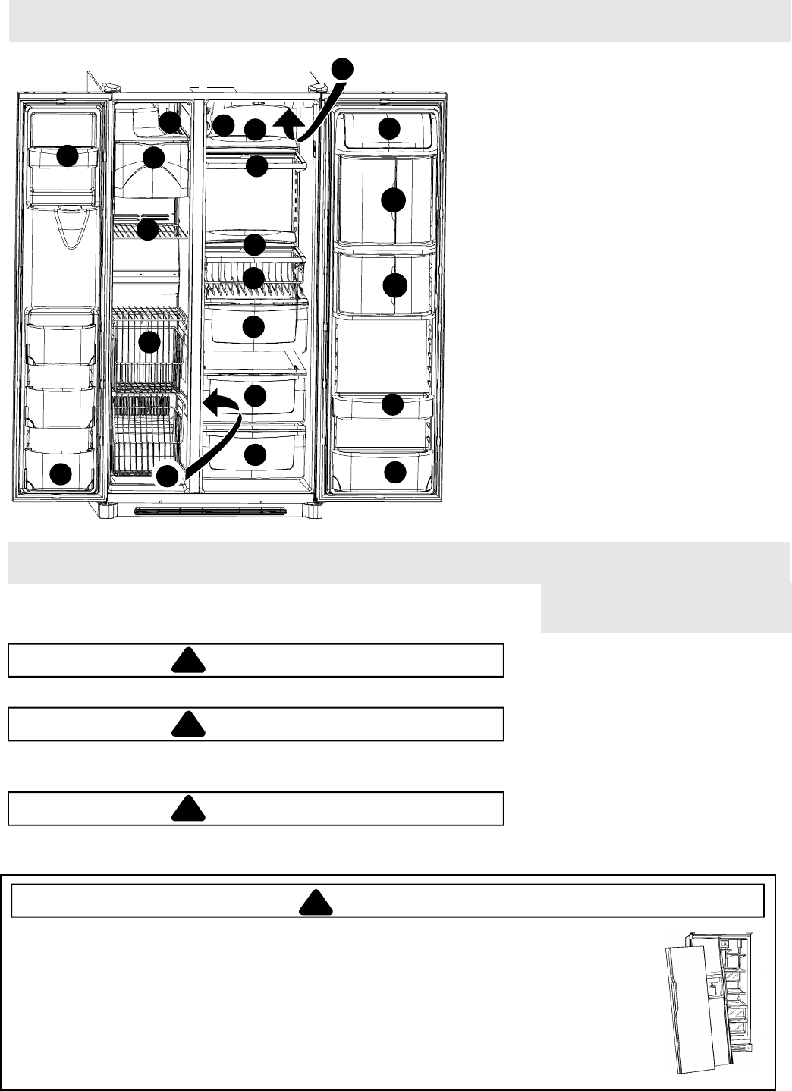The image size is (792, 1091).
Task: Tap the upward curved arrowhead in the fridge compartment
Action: click(291, 120)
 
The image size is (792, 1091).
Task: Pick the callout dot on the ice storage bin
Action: click(154, 158)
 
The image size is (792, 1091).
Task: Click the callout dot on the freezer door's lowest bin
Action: click(61, 475)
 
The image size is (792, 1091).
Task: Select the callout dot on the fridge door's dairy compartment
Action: click(390, 128)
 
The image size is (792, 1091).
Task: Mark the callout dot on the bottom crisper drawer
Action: click(256, 454)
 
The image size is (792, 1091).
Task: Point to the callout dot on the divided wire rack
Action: click(255, 278)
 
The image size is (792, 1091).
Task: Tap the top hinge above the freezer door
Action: click(108, 86)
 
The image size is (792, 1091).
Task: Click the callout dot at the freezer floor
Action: click(168, 476)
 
